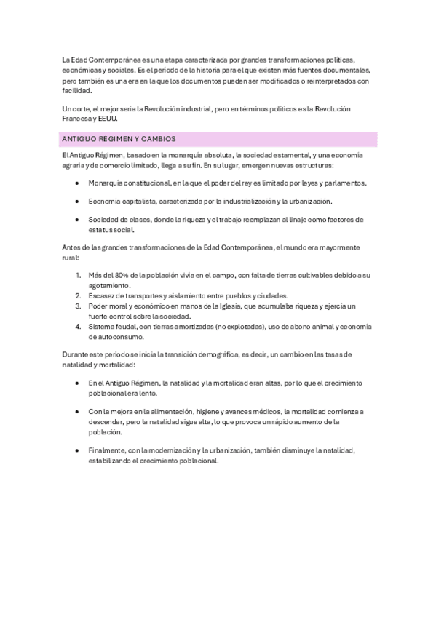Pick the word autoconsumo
click(113, 337)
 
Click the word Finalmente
click(107, 451)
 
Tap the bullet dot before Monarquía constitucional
click(77, 183)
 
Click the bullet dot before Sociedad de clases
click(77, 219)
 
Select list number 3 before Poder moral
click(79, 306)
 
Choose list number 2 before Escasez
click(79, 296)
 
